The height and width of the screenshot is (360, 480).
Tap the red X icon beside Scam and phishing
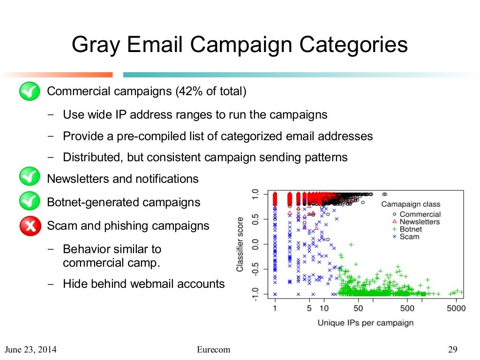click(30, 226)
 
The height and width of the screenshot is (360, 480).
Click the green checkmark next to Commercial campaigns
click(30, 91)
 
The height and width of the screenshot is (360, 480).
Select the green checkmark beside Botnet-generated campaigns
click(30, 202)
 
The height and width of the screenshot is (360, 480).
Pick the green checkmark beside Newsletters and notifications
click(30, 179)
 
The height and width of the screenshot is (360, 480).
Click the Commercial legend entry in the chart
click(420, 214)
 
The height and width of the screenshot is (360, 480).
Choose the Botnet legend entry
click(411, 229)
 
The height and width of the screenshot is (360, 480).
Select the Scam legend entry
click(409, 237)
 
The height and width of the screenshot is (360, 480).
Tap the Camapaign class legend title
click(411, 204)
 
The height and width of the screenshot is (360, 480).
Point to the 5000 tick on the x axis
click(456, 308)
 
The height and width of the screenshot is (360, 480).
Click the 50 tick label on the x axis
click(358, 308)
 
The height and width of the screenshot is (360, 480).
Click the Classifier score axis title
click(240, 244)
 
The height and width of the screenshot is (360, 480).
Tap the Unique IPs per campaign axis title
click(366, 322)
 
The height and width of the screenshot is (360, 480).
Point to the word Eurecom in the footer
click(214, 350)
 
